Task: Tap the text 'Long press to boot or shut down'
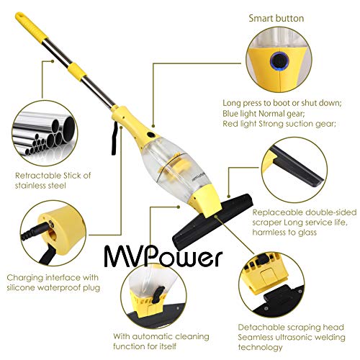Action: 287,100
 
